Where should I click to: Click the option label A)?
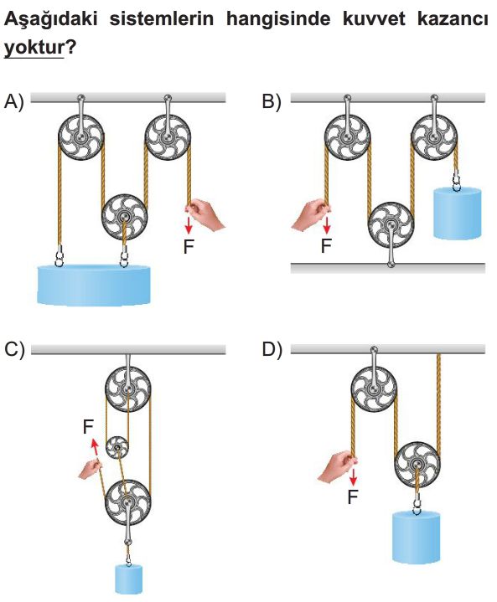[x=14, y=102]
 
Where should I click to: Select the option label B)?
[x=272, y=102]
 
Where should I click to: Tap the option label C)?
[x=14, y=350]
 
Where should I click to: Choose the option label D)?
[x=272, y=350]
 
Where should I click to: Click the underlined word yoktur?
[x=34, y=48]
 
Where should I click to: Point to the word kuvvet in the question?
[x=373, y=18]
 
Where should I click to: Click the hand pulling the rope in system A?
[x=204, y=214]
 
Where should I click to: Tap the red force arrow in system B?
[x=326, y=225]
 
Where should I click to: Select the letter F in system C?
[x=88, y=426]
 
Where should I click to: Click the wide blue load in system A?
[x=94, y=285]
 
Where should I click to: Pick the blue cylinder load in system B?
[x=457, y=214]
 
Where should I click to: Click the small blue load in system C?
[x=129, y=579]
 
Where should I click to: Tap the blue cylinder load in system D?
[x=416, y=538]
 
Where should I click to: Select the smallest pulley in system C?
[x=117, y=448]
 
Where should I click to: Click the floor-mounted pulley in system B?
[x=391, y=226]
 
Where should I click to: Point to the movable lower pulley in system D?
[x=418, y=466]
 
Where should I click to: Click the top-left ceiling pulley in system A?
[x=81, y=137]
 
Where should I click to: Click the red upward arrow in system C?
[x=94, y=448]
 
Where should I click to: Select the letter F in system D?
[x=353, y=497]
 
